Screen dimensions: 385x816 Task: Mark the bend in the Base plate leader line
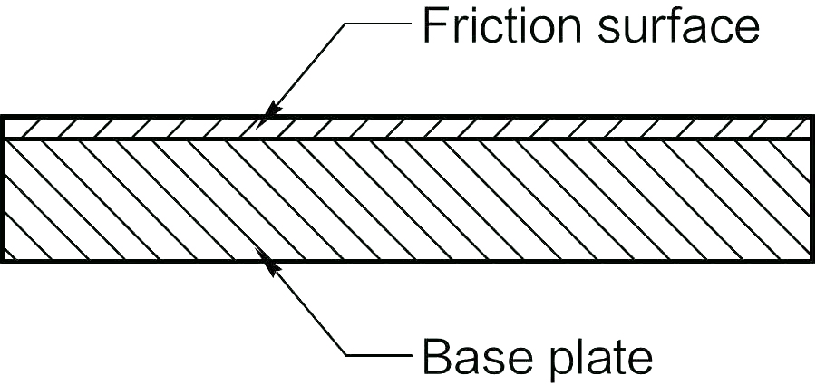348,354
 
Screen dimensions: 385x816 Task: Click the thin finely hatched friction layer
408,127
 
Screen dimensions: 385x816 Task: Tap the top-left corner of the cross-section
3,117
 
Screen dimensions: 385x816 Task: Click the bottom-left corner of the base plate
3,261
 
